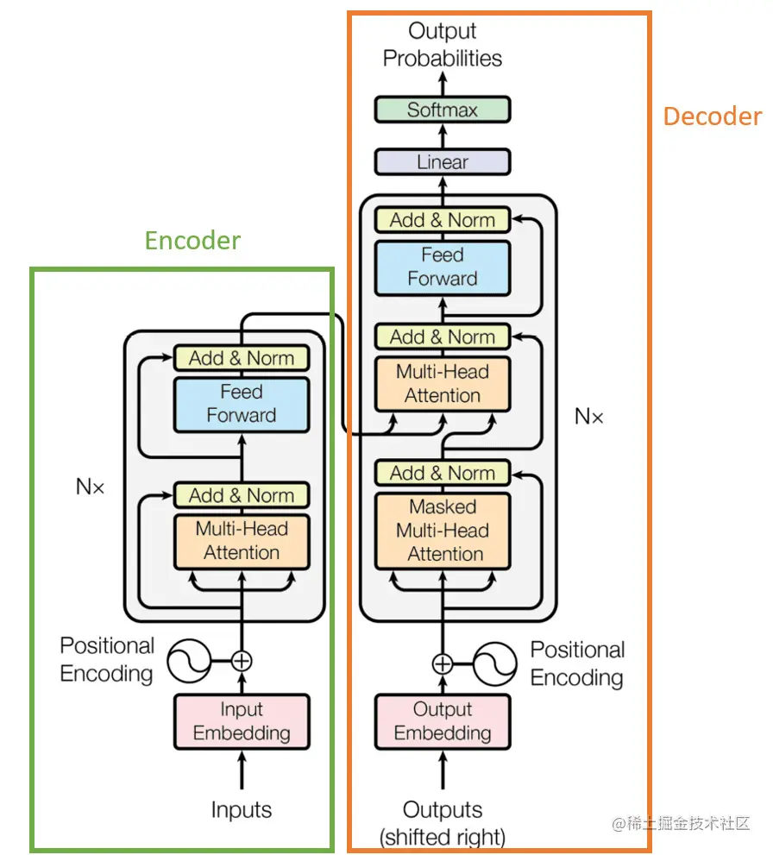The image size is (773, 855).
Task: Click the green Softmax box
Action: pyautogui.click(x=443, y=110)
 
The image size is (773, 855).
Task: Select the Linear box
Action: pyautogui.click(x=443, y=162)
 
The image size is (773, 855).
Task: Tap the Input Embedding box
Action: pyautogui.click(x=242, y=721)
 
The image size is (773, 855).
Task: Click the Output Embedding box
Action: pyautogui.click(x=443, y=721)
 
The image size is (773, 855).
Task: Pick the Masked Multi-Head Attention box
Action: pyautogui.click(x=443, y=530)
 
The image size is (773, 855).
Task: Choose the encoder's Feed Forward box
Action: pyautogui.click(x=242, y=404)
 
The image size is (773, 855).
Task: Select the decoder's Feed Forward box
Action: pyautogui.click(x=443, y=267)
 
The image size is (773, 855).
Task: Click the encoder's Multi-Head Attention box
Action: pyautogui.click(x=242, y=541)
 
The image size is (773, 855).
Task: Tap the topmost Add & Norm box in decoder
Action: pyautogui.click(x=443, y=220)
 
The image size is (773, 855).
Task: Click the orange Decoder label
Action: pyautogui.click(x=712, y=116)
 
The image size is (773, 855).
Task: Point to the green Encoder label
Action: pyautogui.click(x=192, y=240)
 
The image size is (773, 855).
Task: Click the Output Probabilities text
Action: pyautogui.click(x=443, y=45)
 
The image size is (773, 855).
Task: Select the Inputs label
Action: pyautogui.click(x=242, y=810)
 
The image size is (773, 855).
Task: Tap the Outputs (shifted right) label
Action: pyautogui.click(x=443, y=823)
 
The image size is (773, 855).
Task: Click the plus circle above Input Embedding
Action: pyautogui.click(x=242, y=661)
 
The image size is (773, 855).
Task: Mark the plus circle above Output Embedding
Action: pyautogui.click(x=443, y=663)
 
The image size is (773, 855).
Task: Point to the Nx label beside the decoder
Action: pyautogui.click(x=589, y=418)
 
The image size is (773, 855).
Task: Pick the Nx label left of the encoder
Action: pyautogui.click(x=90, y=487)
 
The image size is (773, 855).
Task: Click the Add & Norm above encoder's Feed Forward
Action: pyautogui.click(x=242, y=358)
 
